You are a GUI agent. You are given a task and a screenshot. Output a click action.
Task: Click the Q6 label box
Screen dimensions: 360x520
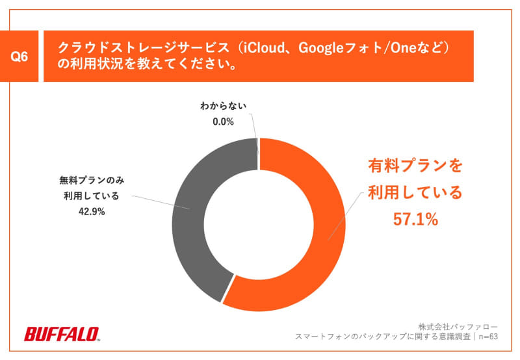20,57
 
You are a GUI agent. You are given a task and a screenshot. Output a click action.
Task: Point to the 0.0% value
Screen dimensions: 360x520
223,122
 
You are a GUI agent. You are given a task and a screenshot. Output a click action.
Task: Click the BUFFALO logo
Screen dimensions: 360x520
62,334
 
